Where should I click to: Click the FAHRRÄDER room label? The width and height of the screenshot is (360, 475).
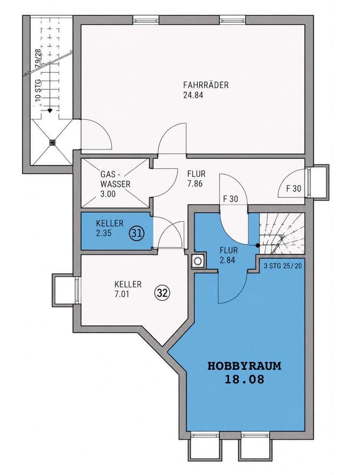pyautogui.click(x=206, y=85)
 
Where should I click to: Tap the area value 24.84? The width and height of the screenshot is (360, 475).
pyautogui.click(x=193, y=95)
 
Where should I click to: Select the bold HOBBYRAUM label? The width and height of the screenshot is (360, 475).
pyautogui.click(x=244, y=366)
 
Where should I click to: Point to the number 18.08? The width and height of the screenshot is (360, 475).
pyautogui.click(x=244, y=380)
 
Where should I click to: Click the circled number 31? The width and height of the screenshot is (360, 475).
pyautogui.click(x=137, y=233)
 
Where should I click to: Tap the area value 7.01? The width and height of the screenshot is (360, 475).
pyautogui.click(x=122, y=294)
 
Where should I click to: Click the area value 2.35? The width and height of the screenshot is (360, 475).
pyautogui.click(x=103, y=234)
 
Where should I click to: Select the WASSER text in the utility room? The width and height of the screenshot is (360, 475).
pyautogui.click(x=115, y=184)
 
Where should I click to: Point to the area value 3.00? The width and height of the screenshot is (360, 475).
pyautogui.click(x=108, y=194)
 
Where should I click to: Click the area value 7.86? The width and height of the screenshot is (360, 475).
pyautogui.click(x=195, y=184)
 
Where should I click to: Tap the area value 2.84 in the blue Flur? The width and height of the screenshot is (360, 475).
pyautogui.click(x=227, y=260)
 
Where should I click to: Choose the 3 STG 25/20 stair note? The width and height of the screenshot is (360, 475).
pyautogui.click(x=283, y=267)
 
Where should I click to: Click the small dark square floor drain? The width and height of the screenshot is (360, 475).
pyautogui.click(x=52, y=142)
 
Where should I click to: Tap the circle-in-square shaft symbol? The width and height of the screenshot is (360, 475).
pyautogui.click(x=199, y=261)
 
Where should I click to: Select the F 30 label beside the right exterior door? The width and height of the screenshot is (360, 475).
pyautogui.click(x=294, y=189)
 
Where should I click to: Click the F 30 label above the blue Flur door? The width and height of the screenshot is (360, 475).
pyautogui.click(x=230, y=199)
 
